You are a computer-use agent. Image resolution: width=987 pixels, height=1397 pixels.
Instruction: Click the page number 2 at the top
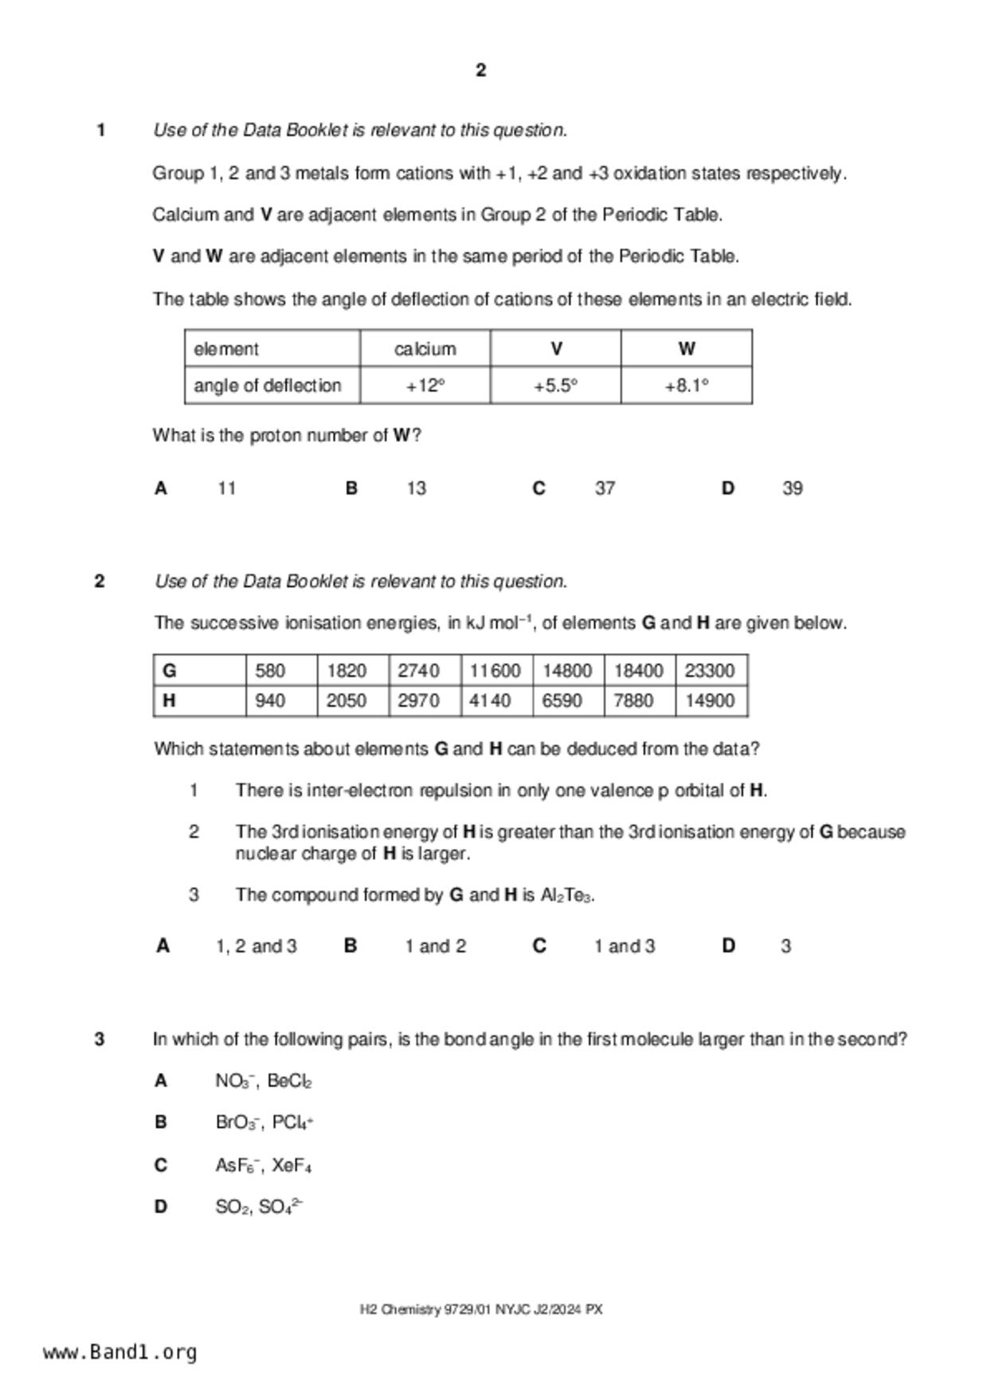click(480, 70)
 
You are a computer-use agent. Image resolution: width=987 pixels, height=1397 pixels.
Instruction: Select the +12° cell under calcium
click(425, 385)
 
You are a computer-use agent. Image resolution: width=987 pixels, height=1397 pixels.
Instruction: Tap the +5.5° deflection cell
click(555, 385)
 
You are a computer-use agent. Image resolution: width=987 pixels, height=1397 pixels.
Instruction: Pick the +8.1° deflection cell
click(686, 385)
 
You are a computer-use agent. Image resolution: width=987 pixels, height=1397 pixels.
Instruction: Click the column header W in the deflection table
click(687, 348)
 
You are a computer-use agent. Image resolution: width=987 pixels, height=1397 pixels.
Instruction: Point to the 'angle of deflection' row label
click(268, 385)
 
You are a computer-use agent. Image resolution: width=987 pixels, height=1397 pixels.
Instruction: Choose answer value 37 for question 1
click(605, 488)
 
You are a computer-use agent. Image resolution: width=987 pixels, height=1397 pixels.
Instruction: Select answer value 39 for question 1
click(793, 488)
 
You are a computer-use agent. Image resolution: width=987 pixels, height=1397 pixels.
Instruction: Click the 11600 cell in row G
click(495, 671)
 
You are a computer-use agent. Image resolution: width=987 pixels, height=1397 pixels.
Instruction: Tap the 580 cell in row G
click(270, 671)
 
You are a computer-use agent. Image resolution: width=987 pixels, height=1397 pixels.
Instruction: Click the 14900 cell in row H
click(709, 701)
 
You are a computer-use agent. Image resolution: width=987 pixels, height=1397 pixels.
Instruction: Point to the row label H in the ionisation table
click(169, 701)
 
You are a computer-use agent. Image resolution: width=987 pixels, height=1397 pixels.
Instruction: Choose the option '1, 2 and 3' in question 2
click(257, 946)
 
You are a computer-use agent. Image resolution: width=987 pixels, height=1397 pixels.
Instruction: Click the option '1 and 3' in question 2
click(625, 946)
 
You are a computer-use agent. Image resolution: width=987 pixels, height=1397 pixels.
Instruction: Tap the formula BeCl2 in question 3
click(289, 1082)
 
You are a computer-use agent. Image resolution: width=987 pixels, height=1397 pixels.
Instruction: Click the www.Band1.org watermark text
click(120, 1352)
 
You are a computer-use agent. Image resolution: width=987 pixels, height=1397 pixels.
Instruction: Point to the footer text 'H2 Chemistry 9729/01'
click(425, 1309)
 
